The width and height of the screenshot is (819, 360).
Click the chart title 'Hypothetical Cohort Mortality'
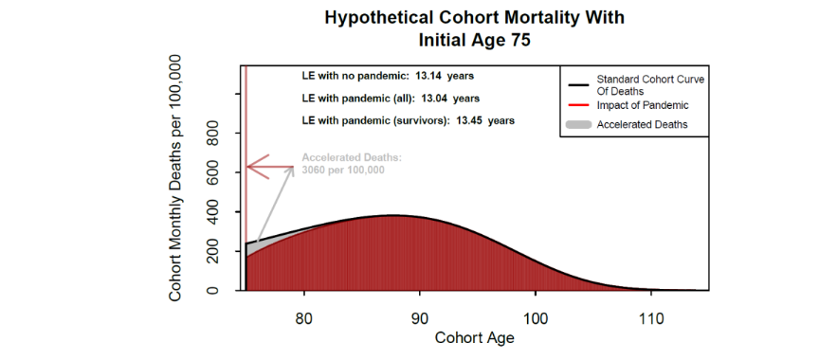pyautogui.click(x=474, y=18)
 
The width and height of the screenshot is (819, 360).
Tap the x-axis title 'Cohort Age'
pyautogui.click(x=474, y=337)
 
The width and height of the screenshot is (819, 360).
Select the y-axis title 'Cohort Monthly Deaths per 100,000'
pyautogui.click(x=175, y=177)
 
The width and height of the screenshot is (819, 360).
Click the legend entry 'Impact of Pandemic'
pyautogui.click(x=642, y=105)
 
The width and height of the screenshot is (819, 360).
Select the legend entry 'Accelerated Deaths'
pyautogui.click(x=642, y=124)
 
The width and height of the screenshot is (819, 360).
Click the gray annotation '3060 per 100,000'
pyautogui.click(x=343, y=171)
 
